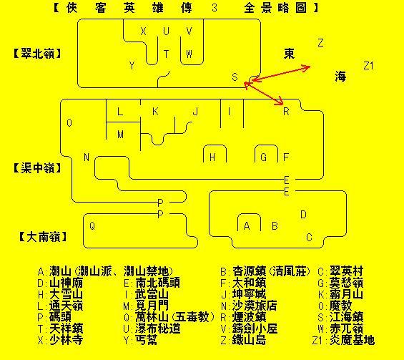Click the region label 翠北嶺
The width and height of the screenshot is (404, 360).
pyautogui.click(x=38, y=54)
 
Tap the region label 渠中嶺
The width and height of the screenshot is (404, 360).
pyautogui.click(x=38, y=168)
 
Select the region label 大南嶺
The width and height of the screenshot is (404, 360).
pyautogui.click(x=44, y=236)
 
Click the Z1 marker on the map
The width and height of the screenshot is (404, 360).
pyautogui.click(x=368, y=66)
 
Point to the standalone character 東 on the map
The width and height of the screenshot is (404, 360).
pyautogui.click(x=289, y=54)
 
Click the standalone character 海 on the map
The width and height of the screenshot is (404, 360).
pyautogui.click(x=340, y=77)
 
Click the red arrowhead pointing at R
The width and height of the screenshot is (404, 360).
pyautogui.click(x=280, y=102)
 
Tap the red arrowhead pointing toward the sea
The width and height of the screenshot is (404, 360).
pyautogui.click(x=306, y=68)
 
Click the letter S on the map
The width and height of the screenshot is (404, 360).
pyautogui.click(x=235, y=77)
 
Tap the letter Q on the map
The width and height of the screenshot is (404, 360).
pyautogui.click(x=92, y=226)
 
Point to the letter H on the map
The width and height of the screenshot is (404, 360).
pyautogui.click(x=212, y=157)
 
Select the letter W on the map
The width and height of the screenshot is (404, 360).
pyautogui.click(x=189, y=54)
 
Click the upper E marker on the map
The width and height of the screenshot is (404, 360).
pyautogui.click(x=287, y=180)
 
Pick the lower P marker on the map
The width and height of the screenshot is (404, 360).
pyautogui.click(x=160, y=214)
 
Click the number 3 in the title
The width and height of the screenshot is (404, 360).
pyautogui.click(x=215, y=8)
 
